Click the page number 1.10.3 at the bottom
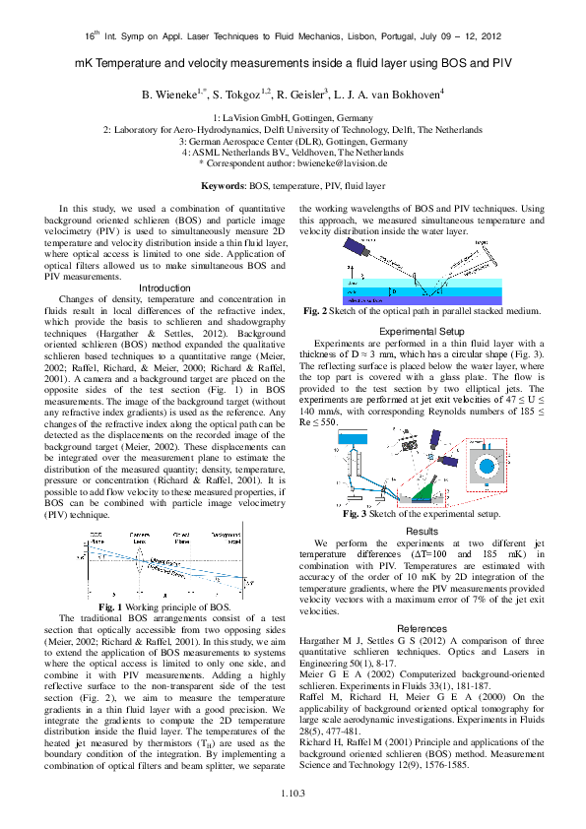[x=293, y=793]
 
